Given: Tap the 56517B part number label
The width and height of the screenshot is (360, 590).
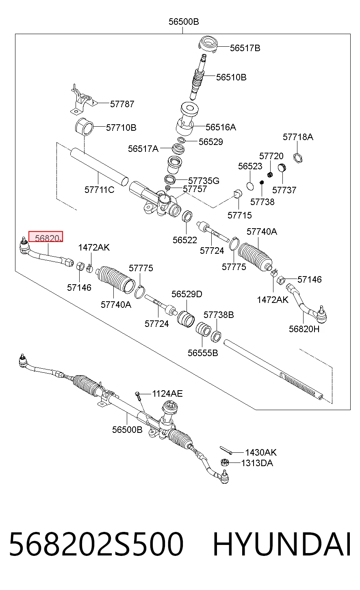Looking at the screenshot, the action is click(245, 48).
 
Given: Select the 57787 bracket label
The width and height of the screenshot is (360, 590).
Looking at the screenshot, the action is click(122, 104).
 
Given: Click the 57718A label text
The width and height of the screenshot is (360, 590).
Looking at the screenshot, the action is click(298, 137).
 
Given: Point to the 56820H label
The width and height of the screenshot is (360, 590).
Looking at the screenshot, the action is click(304, 329).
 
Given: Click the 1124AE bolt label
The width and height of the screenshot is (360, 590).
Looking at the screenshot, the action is click(167, 394).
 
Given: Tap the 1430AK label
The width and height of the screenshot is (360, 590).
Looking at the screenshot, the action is click(261, 452).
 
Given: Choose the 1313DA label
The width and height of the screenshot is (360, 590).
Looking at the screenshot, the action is click(257, 463).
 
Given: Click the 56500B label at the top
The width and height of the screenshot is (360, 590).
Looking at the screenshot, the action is click(184, 22).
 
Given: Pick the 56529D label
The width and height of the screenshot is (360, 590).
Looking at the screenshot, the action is click(187, 294).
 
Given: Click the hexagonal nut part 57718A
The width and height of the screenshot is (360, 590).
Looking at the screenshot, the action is click(297, 158).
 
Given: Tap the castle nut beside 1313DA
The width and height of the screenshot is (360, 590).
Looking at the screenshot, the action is click(224, 462).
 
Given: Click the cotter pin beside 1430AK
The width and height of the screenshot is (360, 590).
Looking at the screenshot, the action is click(226, 450).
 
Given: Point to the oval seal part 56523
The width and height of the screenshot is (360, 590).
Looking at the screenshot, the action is click(250, 186).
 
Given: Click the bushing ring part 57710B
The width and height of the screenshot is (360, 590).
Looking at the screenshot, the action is click(84, 127).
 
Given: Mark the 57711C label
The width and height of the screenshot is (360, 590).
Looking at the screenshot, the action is click(100, 190).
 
